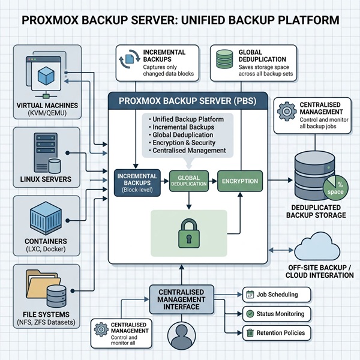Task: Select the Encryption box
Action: click(239, 181)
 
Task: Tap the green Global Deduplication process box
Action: click(190, 182)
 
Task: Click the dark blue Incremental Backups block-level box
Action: click(139, 182)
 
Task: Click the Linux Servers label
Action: click(45, 179)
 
